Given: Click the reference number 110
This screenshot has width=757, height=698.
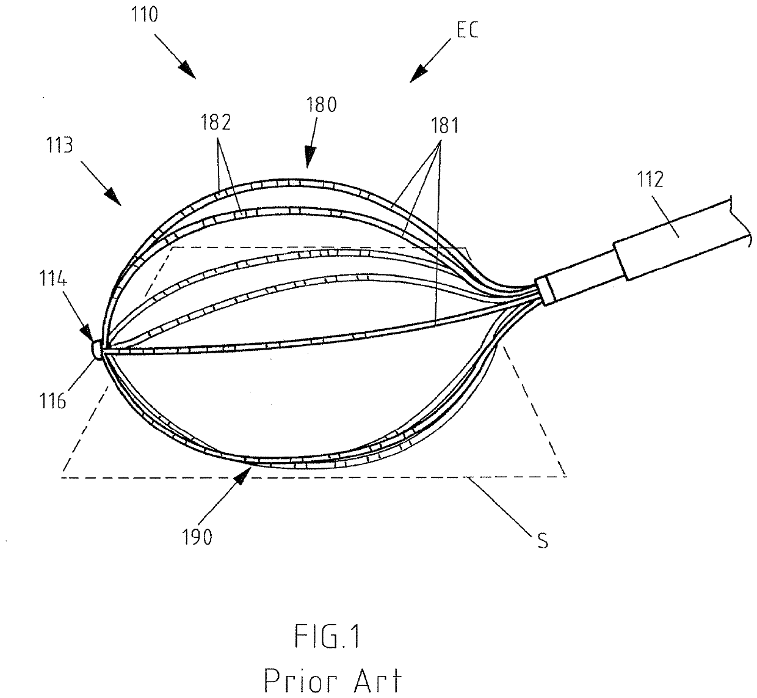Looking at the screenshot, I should [x=144, y=15].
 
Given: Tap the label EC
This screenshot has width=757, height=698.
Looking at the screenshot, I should [x=466, y=30].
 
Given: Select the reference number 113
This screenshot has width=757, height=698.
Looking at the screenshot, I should [x=59, y=145].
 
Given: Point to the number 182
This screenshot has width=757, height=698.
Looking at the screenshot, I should [x=217, y=123].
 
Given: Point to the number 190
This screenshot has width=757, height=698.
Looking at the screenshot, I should [x=197, y=537].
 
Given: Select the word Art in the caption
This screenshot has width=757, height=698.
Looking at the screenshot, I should [x=380, y=680].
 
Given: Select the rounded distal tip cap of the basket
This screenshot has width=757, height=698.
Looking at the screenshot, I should [x=96, y=350].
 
